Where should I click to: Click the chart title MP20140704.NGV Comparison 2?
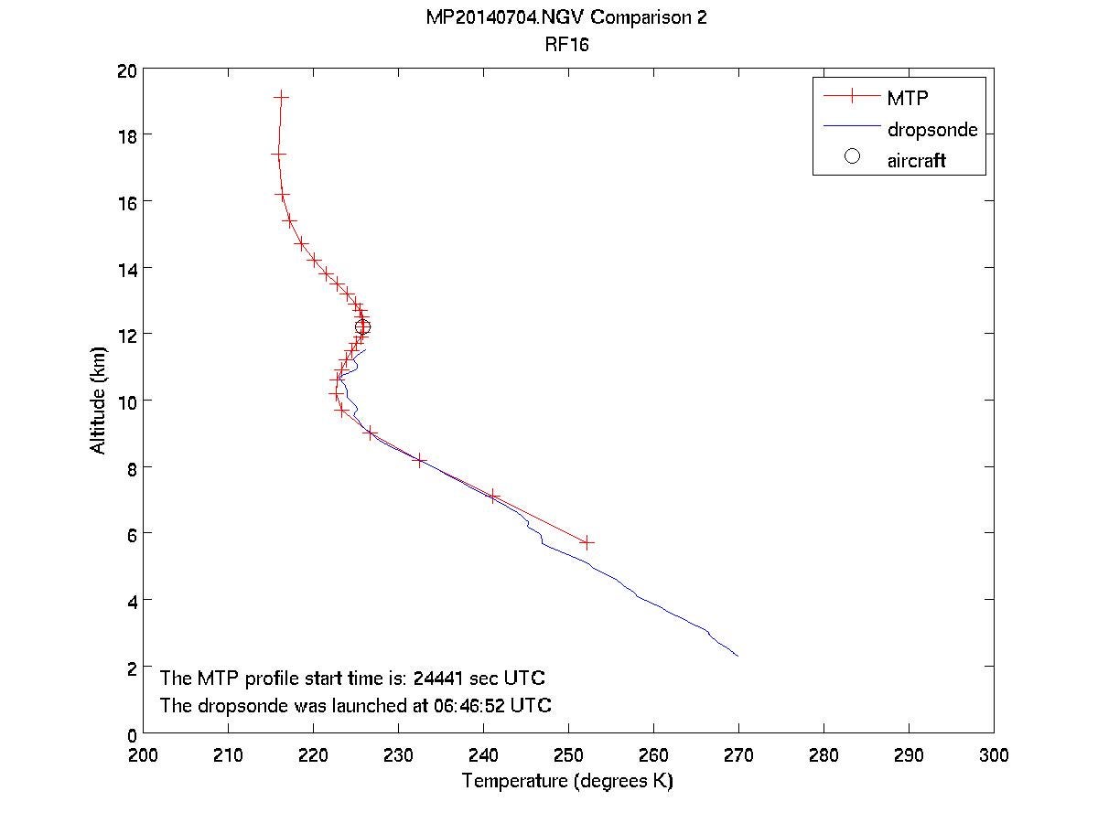pyautogui.click(x=566, y=18)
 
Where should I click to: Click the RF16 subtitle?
pyautogui.click(x=566, y=44)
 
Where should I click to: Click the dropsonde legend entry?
pyautogui.click(x=931, y=129)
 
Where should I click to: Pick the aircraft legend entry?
pyautogui.click(x=915, y=161)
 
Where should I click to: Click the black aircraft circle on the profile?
pyautogui.click(x=363, y=327)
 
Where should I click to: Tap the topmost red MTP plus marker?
pyautogui.click(x=281, y=96)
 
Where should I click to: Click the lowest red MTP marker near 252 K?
pyautogui.click(x=587, y=542)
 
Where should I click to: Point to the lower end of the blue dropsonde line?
pyautogui.click(x=737, y=656)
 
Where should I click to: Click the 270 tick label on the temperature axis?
pyautogui.click(x=738, y=755)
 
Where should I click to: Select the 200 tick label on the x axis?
pyautogui.click(x=143, y=755)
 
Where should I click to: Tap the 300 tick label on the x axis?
pyautogui.click(x=994, y=755)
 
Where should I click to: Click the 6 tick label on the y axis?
pyautogui.click(x=132, y=533)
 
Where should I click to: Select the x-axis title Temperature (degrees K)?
pyautogui.click(x=567, y=781)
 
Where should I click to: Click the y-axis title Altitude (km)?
pyautogui.click(x=98, y=400)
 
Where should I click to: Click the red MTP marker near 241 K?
pyautogui.click(x=493, y=497)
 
